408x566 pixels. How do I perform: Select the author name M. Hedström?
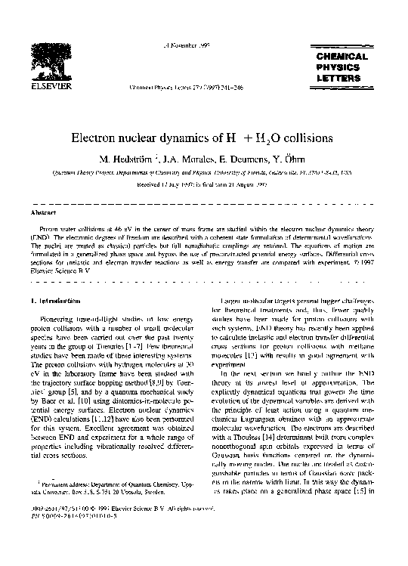point(123,159)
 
